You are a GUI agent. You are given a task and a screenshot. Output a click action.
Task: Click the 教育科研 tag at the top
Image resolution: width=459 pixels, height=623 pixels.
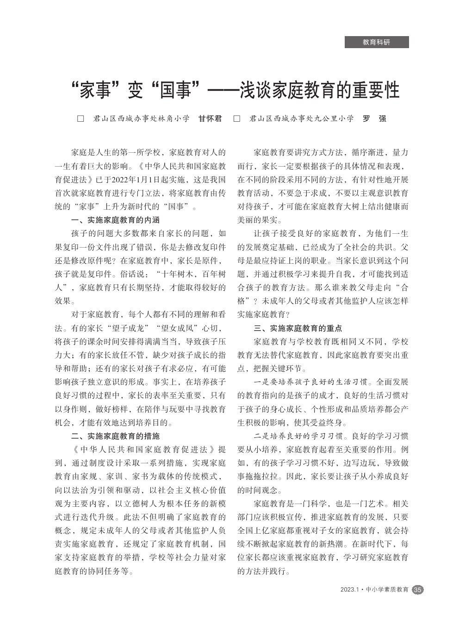[x=376, y=42]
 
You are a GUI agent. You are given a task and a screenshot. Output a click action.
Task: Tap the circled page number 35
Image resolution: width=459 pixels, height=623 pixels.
[x=418, y=590]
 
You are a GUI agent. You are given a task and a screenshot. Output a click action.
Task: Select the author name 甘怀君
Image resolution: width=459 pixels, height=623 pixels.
[x=210, y=118]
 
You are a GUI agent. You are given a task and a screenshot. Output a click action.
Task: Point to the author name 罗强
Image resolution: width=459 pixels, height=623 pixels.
[x=374, y=118]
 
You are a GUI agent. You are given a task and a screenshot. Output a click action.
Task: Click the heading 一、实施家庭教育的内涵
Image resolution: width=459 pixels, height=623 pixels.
[x=115, y=220]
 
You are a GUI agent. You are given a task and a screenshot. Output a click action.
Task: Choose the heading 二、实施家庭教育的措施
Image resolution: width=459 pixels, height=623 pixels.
[x=115, y=436]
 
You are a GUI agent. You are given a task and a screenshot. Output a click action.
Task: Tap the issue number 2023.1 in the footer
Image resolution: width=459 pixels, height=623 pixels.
[x=350, y=590]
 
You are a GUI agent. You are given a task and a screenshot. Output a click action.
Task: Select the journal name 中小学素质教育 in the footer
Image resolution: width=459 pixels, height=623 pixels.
[x=387, y=590]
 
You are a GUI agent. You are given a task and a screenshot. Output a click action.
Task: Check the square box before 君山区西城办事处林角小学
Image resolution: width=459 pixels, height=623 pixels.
[x=81, y=118]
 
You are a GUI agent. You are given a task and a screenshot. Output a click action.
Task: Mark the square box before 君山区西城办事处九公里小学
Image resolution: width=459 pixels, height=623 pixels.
[x=237, y=118]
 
